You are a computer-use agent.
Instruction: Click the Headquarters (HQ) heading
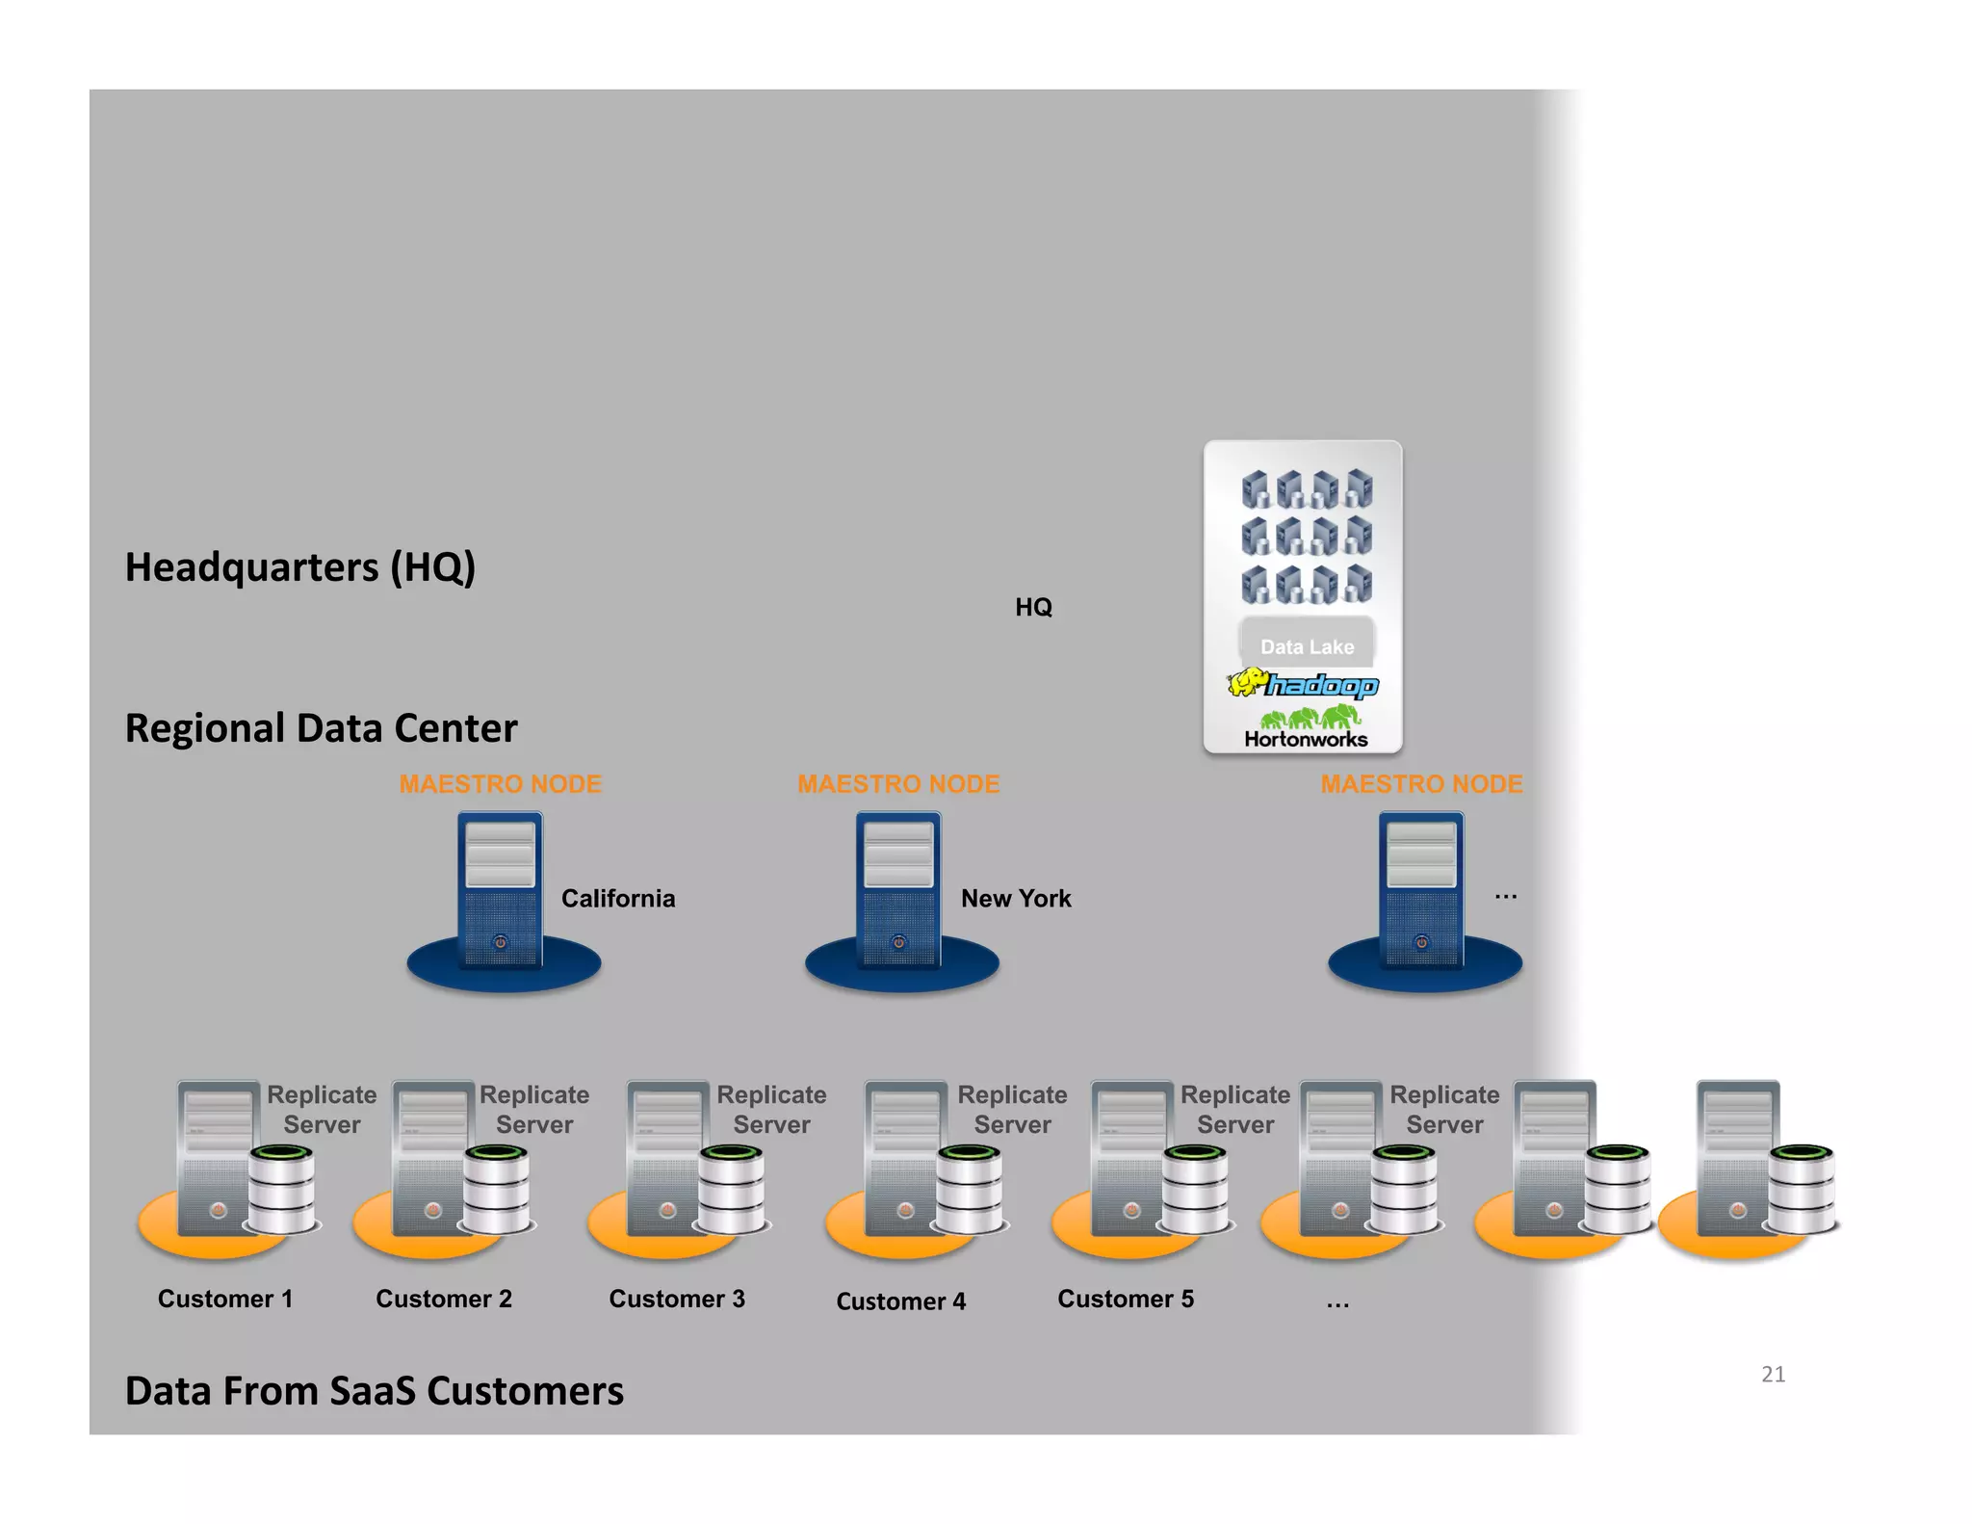(299, 567)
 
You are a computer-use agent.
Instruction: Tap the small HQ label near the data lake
(1033, 607)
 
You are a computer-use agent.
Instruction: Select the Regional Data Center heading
(321, 728)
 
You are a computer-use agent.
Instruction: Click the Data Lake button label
(1307, 646)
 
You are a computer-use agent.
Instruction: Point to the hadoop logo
(1303, 684)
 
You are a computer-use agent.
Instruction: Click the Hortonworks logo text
(1306, 739)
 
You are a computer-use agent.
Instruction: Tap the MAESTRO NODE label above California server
(500, 784)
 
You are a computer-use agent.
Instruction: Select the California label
(617, 898)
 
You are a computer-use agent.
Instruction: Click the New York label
(1015, 898)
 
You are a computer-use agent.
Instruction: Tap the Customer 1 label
(224, 1299)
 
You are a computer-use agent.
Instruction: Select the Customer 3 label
(676, 1299)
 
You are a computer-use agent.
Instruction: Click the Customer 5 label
(1125, 1299)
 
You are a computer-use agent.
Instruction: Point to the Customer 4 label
(900, 1301)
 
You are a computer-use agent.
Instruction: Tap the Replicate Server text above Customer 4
(1012, 1110)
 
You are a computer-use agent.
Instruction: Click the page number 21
(1773, 1374)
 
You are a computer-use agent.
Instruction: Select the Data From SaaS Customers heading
(374, 1391)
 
